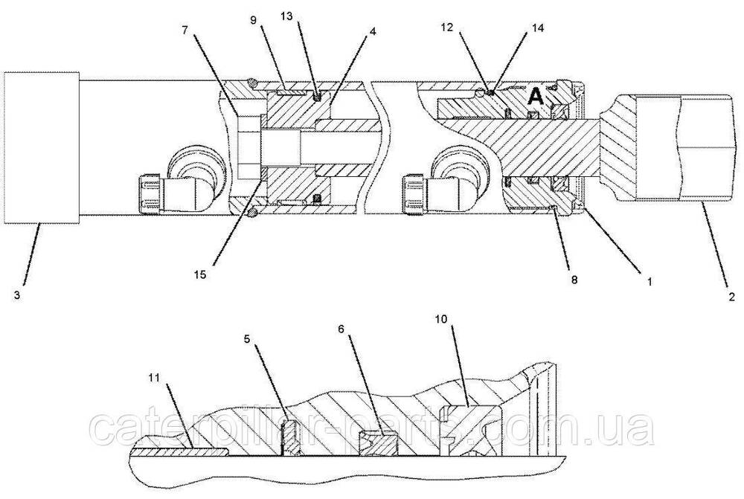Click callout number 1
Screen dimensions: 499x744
649,282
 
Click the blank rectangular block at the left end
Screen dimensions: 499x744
41,147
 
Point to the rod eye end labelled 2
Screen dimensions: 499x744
670,147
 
